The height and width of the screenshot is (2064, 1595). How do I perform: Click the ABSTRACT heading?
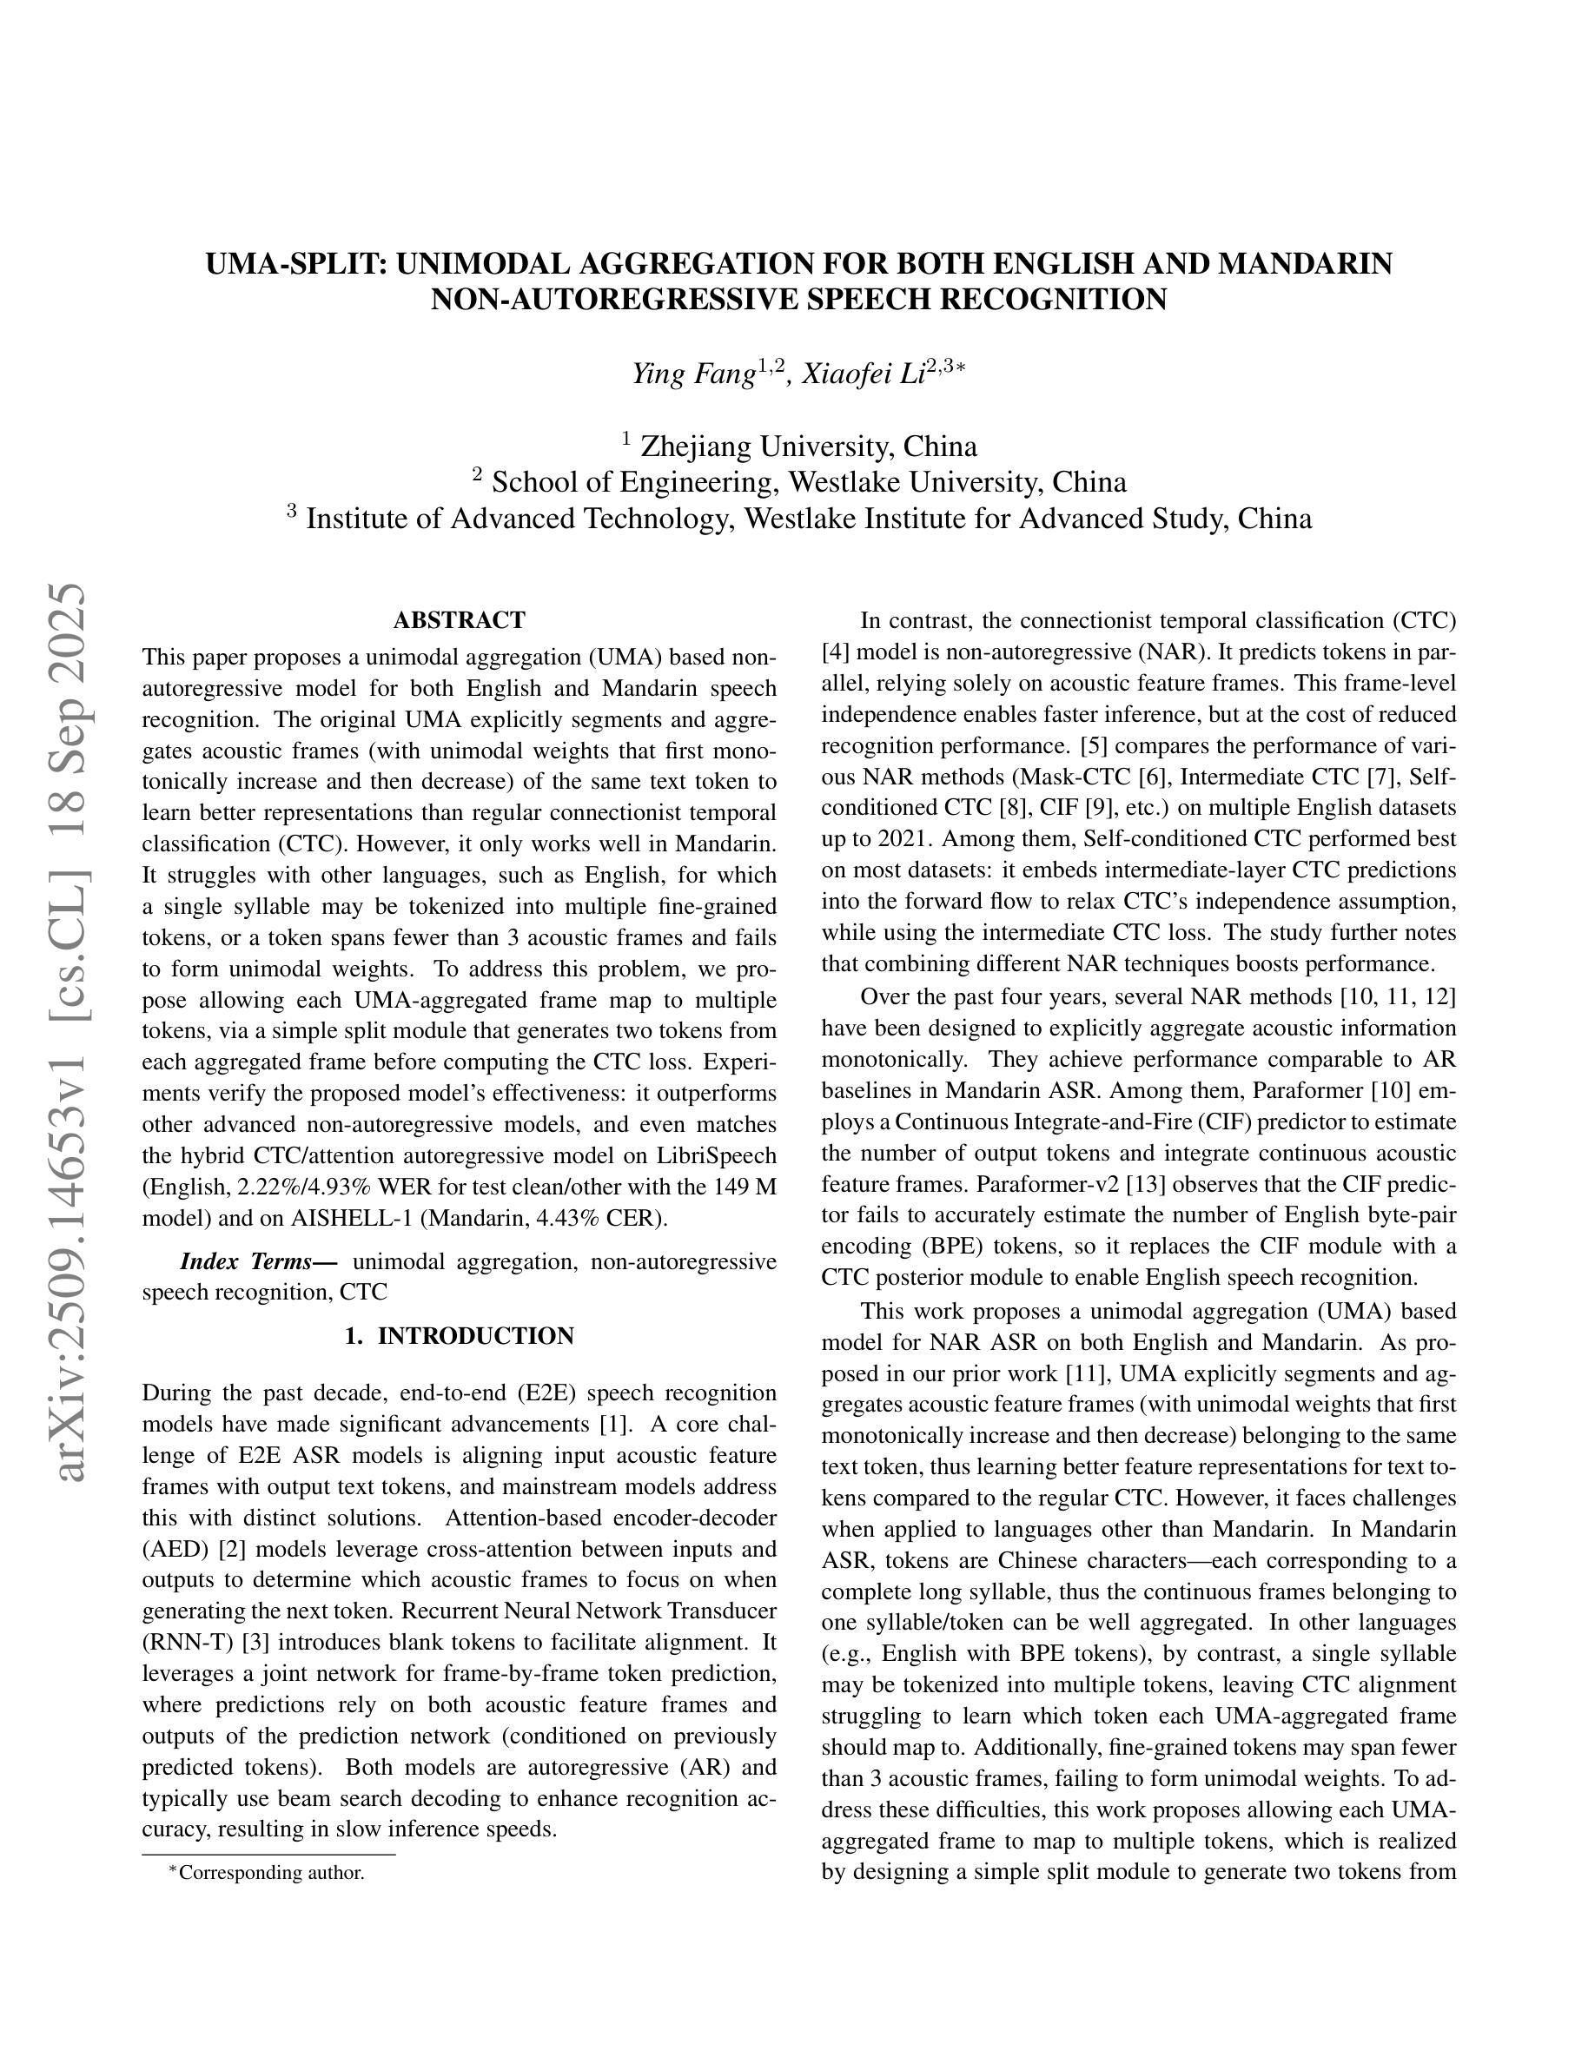pos(460,620)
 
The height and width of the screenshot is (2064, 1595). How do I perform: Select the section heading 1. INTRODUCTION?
pos(460,1335)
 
